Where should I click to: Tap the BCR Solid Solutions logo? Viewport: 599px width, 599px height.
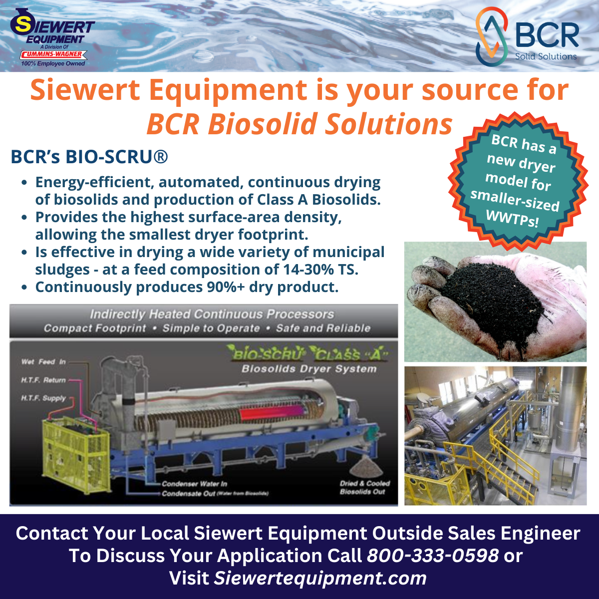(527, 37)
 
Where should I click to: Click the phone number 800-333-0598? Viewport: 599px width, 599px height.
(433, 555)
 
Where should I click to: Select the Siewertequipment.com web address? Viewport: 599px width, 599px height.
(320, 578)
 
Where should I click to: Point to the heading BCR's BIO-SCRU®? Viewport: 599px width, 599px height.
(89, 157)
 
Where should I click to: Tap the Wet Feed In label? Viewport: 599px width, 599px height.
(43, 361)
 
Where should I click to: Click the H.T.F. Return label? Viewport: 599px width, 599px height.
(43, 380)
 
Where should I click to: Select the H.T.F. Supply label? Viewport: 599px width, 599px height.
(43, 398)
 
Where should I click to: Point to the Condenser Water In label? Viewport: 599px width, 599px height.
(194, 484)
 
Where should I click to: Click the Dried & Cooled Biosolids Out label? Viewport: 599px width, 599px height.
(364, 487)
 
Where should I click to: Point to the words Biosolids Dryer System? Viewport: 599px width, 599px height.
(308, 369)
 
